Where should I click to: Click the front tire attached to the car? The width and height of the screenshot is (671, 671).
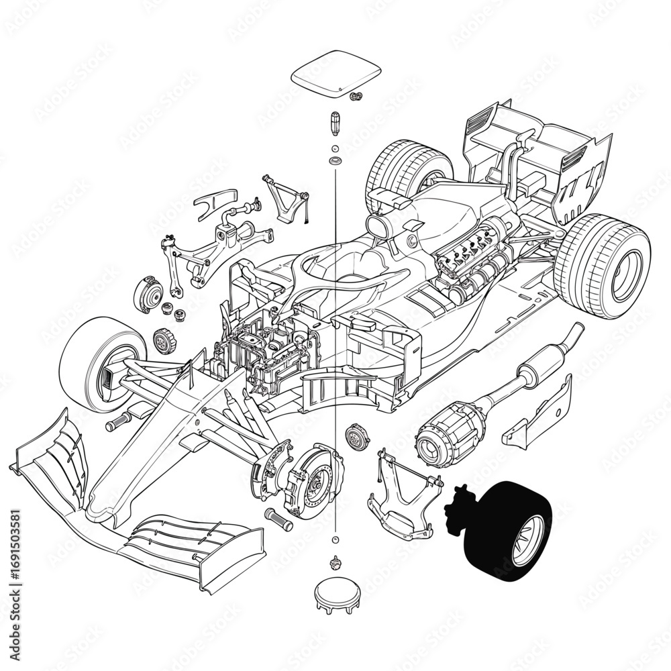tap(101, 362)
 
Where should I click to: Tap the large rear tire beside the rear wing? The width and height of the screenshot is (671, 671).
tap(601, 266)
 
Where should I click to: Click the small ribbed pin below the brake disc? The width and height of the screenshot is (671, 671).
tap(279, 519)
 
